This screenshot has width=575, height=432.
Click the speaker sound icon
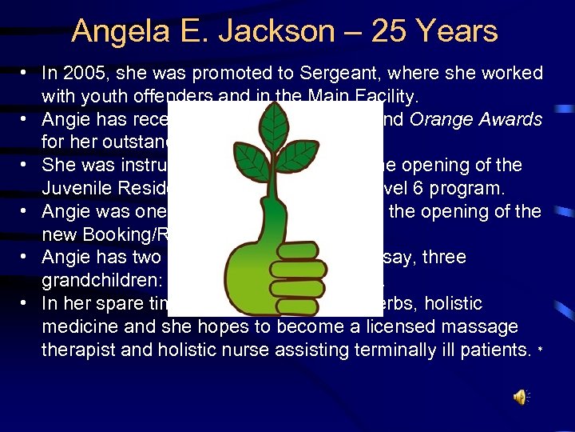pyautogui.click(x=520, y=396)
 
